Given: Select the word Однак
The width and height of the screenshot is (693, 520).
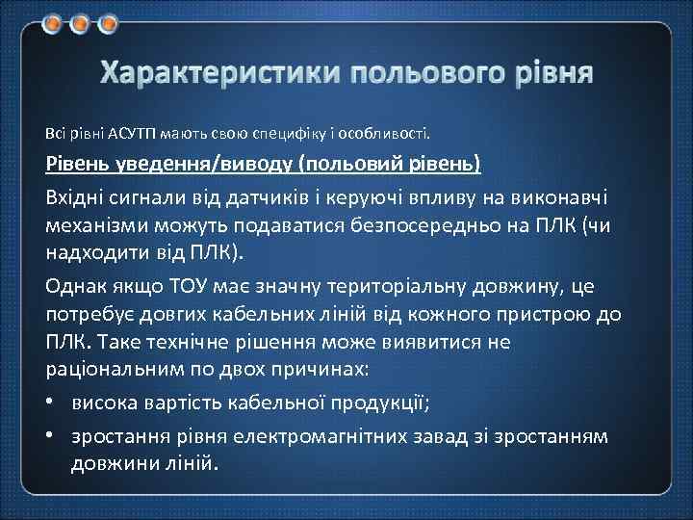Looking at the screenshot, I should coord(74,286).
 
